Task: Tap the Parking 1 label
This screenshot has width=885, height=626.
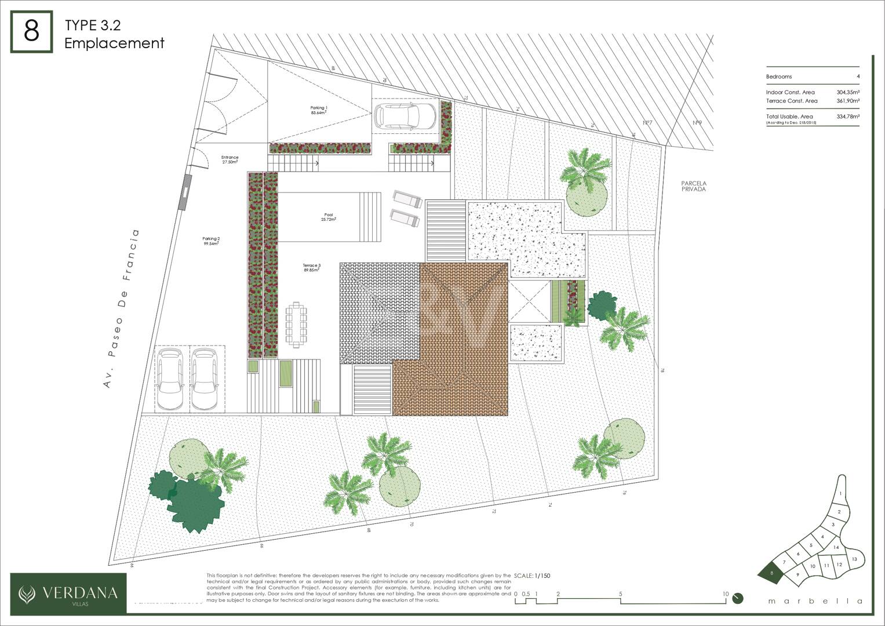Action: (x=319, y=110)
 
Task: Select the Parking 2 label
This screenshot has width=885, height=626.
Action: (x=211, y=241)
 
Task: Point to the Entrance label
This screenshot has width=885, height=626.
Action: (x=230, y=159)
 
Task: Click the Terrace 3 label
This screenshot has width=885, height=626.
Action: (x=311, y=267)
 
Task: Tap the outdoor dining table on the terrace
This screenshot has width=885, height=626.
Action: (x=296, y=325)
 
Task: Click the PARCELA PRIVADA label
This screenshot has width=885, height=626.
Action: (x=694, y=186)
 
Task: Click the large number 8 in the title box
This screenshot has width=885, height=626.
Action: (x=31, y=31)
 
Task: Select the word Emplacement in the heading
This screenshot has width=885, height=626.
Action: (x=114, y=43)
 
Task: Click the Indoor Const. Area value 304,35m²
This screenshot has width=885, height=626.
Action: (x=847, y=92)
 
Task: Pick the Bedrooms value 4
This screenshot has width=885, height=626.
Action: (x=858, y=77)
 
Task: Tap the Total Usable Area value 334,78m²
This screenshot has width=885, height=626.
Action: (x=847, y=117)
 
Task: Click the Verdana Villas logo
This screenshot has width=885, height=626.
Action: (x=68, y=593)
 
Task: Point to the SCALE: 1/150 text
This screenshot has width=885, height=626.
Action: (x=533, y=576)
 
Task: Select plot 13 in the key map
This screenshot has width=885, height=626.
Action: (x=854, y=559)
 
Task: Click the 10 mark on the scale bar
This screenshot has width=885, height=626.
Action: (x=725, y=594)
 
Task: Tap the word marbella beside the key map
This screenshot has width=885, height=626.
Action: (x=815, y=601)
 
